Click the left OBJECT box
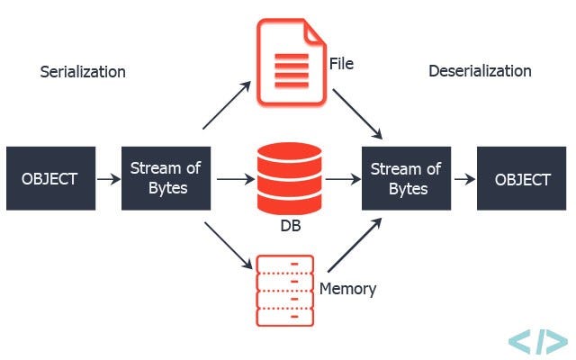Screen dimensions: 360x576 pos(49,178)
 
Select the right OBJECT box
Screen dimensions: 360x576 pos(522,178)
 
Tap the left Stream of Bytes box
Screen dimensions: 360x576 pos(166,178)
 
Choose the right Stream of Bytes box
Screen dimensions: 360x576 pos(407,178)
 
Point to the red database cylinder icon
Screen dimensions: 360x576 pos(288,176)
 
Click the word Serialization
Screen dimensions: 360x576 pos(83,71)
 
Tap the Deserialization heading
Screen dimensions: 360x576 pos(480,71)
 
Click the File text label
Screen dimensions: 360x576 pos(341,64)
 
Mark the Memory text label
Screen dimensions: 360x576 pos(347,289)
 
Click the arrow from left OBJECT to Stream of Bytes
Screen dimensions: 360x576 pos(108,179)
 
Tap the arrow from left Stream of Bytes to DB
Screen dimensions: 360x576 pos(236,179)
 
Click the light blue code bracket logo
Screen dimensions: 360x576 pos(537,341)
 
